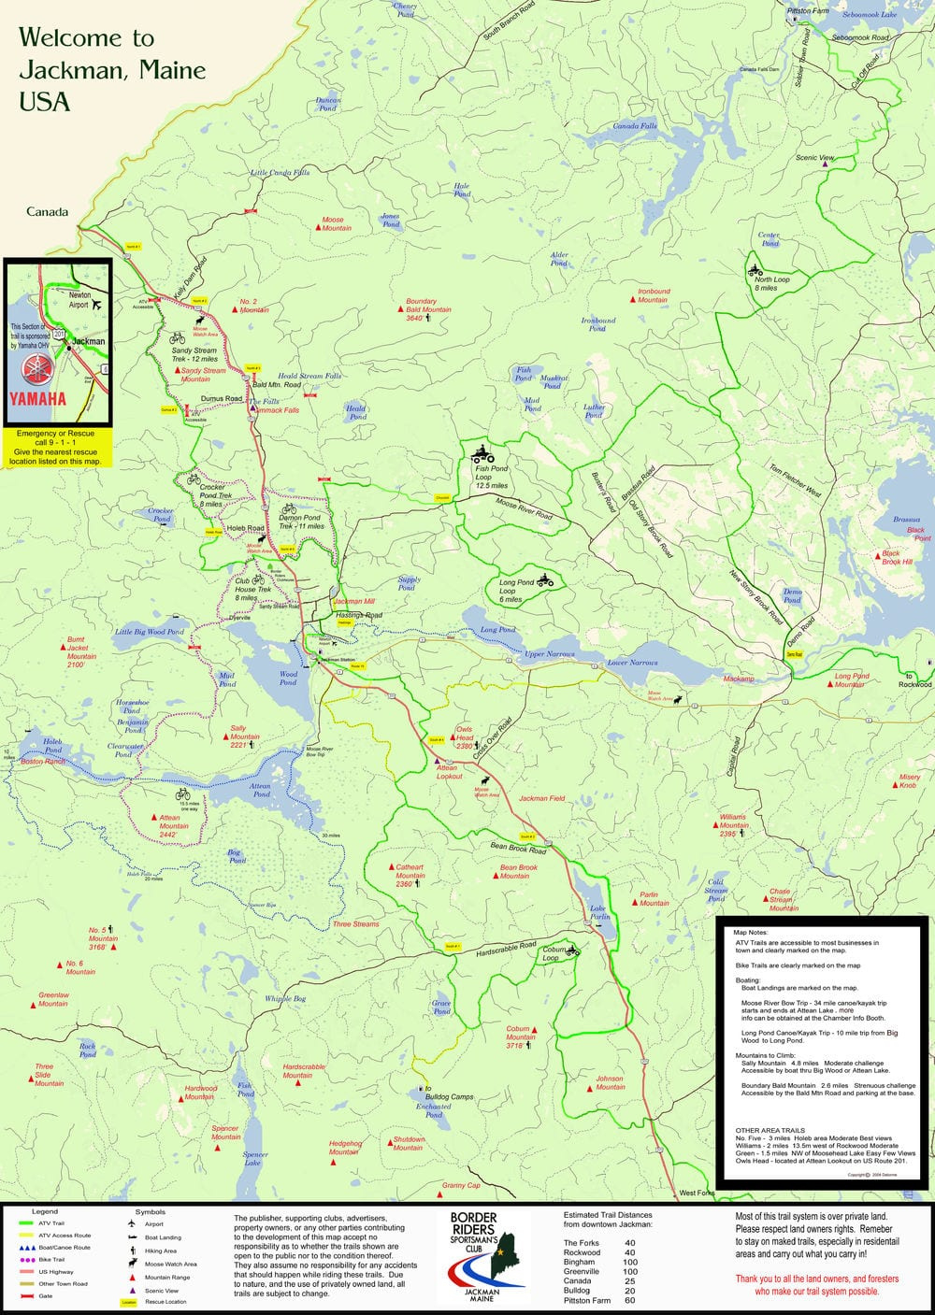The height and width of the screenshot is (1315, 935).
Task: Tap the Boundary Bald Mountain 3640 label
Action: coord(427,310)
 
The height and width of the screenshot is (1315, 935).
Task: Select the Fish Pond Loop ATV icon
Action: coord(482,455)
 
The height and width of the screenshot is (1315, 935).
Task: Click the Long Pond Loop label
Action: coord(516,590)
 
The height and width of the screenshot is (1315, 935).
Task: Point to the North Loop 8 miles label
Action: coord(771,283)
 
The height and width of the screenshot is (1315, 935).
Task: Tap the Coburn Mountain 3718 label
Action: coord(520,1036)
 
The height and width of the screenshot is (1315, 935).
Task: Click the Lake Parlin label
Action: coord(599,912)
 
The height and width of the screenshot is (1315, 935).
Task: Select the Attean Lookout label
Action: coord(449,772)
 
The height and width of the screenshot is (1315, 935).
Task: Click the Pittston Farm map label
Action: coord(808,11)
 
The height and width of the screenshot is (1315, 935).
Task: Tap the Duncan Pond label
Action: coord(328,104)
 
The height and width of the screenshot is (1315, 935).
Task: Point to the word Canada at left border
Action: coord(47,212)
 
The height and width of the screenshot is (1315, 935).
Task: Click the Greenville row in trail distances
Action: coord(598,1271)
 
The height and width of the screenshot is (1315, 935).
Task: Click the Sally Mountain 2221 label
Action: coord(244,736)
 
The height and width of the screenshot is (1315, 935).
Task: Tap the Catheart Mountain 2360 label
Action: coord(409,876)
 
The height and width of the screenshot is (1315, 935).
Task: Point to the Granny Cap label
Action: coord(460,1185)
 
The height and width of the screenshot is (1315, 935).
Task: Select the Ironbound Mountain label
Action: coord(653,295)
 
